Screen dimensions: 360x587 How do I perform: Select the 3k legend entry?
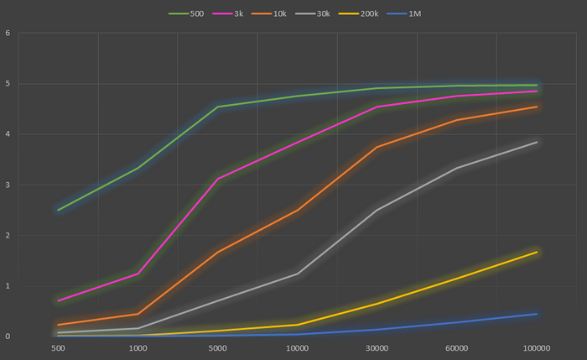point(235,13)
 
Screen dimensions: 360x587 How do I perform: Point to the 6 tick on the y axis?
point(8,34)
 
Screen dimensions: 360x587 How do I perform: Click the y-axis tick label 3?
point(8,185)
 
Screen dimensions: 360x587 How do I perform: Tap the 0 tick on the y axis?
point(8,337)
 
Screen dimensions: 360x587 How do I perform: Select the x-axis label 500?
point(58,347)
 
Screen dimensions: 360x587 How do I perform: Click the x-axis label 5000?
point(217,347)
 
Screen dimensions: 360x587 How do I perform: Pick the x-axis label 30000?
point(377,347)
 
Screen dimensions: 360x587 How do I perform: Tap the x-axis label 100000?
point(537,347)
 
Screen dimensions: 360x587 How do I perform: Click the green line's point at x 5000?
point(217,107)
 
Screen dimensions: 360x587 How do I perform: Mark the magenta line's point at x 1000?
point(138,274)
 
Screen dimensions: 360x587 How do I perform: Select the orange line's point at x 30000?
point(377,147)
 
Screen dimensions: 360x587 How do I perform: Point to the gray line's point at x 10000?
point(297,273)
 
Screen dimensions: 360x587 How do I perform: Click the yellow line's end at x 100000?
point(537,252)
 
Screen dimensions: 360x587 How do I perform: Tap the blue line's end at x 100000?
point(537,314)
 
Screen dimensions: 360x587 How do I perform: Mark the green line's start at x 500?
point(58,210)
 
